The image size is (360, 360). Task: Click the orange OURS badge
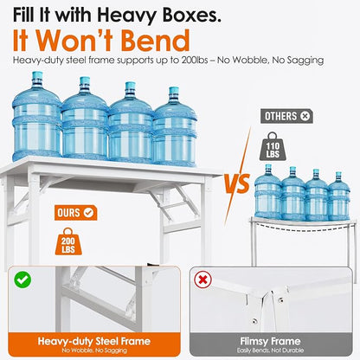75,213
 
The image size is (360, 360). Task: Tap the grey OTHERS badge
286,116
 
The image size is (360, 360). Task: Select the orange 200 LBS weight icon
68,241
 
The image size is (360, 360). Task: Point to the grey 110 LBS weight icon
273,146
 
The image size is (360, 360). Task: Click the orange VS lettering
237,183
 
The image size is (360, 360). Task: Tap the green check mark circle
22,280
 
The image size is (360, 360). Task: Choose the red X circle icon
202,280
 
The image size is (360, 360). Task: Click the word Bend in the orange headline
155,41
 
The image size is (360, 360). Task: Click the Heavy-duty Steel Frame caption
94,341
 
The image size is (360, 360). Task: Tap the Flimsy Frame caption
271,341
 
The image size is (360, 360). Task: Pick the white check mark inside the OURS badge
88,213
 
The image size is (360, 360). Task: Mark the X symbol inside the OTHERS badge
305,116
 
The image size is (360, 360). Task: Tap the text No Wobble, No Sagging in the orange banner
94,350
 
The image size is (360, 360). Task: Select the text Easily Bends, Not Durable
270,350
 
